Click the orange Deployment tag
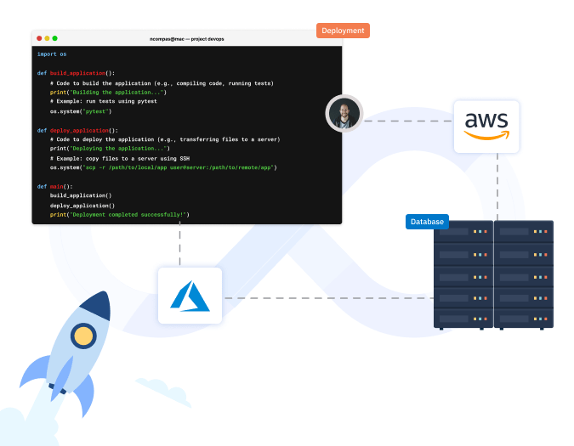(x=343, y=31)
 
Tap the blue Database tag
(x=427, y=222)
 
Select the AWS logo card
(x=486, y=127)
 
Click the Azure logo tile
(x=190, y=296)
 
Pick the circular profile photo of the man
(x=344, y=113)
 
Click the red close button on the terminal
(x=39, y=38)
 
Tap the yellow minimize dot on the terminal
(x=47, y=38)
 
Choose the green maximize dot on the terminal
(x=54, y=38)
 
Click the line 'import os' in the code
(x=52, y=54)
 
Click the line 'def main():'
(x=55, y=186)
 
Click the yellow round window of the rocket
(x=83, y=336)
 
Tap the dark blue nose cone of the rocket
(x=99, y=304)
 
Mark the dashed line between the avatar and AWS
(x=407, y=121)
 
